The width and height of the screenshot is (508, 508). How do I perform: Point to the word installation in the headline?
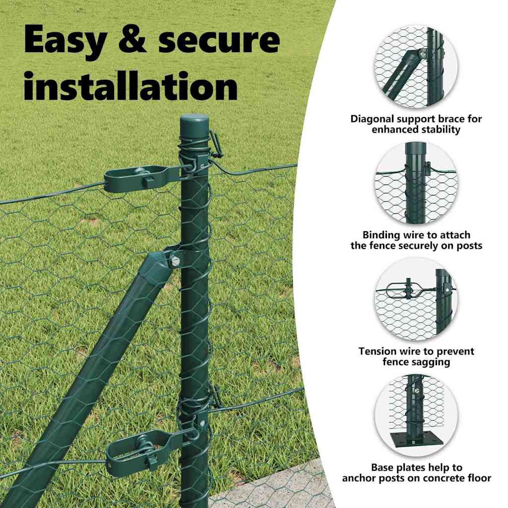131,85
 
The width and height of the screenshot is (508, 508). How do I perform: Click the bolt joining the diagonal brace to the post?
175,260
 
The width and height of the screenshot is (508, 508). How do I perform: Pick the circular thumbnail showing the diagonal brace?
416,66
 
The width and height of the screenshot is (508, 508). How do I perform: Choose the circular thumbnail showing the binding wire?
416,183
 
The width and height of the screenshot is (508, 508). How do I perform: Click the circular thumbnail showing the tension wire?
416,299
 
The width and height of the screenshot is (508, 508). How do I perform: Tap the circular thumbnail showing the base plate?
416,415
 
